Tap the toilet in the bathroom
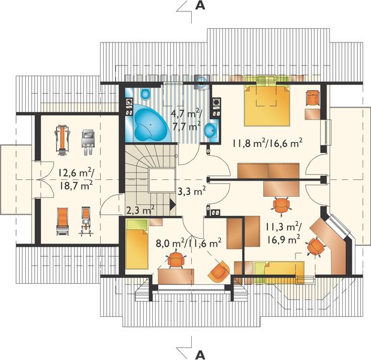[145, 94]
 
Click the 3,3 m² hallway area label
[192, 191]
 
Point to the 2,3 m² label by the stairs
[140, 209]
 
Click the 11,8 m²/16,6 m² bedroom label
[267, 143]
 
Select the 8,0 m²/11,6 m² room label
[189, 243]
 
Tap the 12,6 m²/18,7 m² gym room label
[76, 179]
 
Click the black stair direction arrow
[173, 205]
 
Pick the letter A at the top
[200, 6]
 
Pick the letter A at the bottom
[200, 355]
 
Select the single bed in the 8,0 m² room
[137, 244]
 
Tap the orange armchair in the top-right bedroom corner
[313, 98]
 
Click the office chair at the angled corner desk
[315, 247]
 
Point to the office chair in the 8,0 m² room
[176, 260]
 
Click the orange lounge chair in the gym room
[63, 221]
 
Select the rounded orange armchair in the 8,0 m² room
[219, 271]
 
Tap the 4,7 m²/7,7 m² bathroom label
[187, 119]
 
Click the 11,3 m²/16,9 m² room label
[283, 233]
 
